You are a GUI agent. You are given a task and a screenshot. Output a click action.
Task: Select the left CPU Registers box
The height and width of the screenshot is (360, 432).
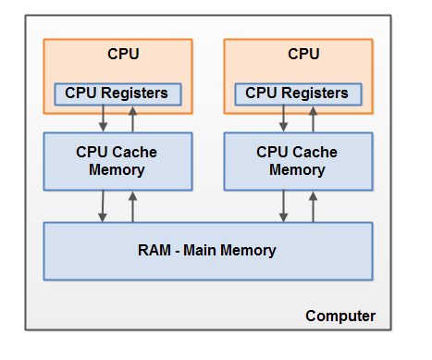click(117, 93)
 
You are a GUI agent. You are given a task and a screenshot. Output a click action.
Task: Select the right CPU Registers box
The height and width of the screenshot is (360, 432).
click(297, 93)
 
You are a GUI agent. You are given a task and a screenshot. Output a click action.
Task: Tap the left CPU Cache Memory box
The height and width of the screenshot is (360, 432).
click(117, 161)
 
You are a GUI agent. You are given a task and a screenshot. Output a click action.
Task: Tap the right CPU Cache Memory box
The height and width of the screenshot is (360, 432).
click(297, 161)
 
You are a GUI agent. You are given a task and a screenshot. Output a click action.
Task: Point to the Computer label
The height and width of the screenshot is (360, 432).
click(340, 317)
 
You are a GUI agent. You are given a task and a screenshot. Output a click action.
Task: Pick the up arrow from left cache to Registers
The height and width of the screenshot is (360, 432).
click(131, 119)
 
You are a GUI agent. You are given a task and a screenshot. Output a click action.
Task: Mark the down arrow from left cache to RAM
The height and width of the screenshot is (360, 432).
click(102, 205)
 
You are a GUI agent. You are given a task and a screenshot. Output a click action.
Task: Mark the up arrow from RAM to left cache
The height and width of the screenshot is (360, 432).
click(132, 205)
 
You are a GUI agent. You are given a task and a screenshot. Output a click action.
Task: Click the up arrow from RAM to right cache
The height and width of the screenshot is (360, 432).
click(313, 205)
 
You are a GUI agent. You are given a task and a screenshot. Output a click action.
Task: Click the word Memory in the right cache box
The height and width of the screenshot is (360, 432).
click(297, 170)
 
